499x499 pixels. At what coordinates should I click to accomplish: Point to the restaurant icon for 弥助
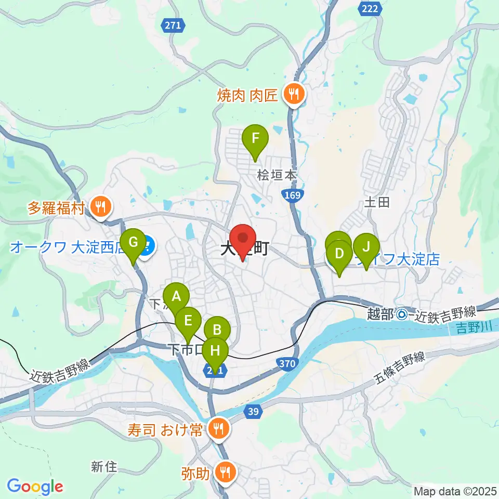(x=227, y=472)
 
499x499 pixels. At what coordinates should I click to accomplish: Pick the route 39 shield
(x=253, y=411)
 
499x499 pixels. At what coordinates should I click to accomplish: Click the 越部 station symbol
(x=401, y=313)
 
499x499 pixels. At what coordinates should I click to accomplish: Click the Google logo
(x=35, y=486)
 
